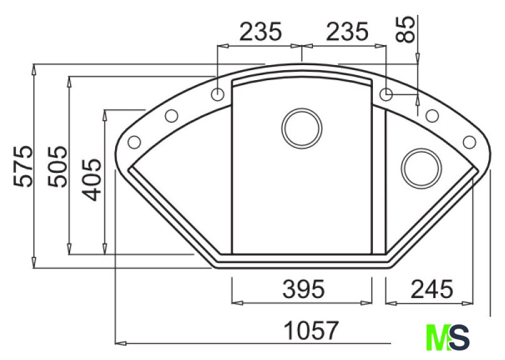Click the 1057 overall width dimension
pyautogui.click(x=311, y=330)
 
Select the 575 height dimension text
pyautogui.click(x=23, y=167)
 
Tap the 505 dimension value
pyautogui.click(x=58, y=167)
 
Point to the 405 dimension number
pyautogui.click(x=91, y=180)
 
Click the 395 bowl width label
pyautogui.click(x=304, y=289)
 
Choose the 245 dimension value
pyautogui.click(x=432, y=289)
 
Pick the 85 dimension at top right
pyautogui.click(x=405, y=29)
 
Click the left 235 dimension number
pyautogui.click(x=260, y=31)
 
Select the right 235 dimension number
pyautogui.click(x=347, y=31)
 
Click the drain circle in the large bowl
pyautogui.click(x=302, y=128)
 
